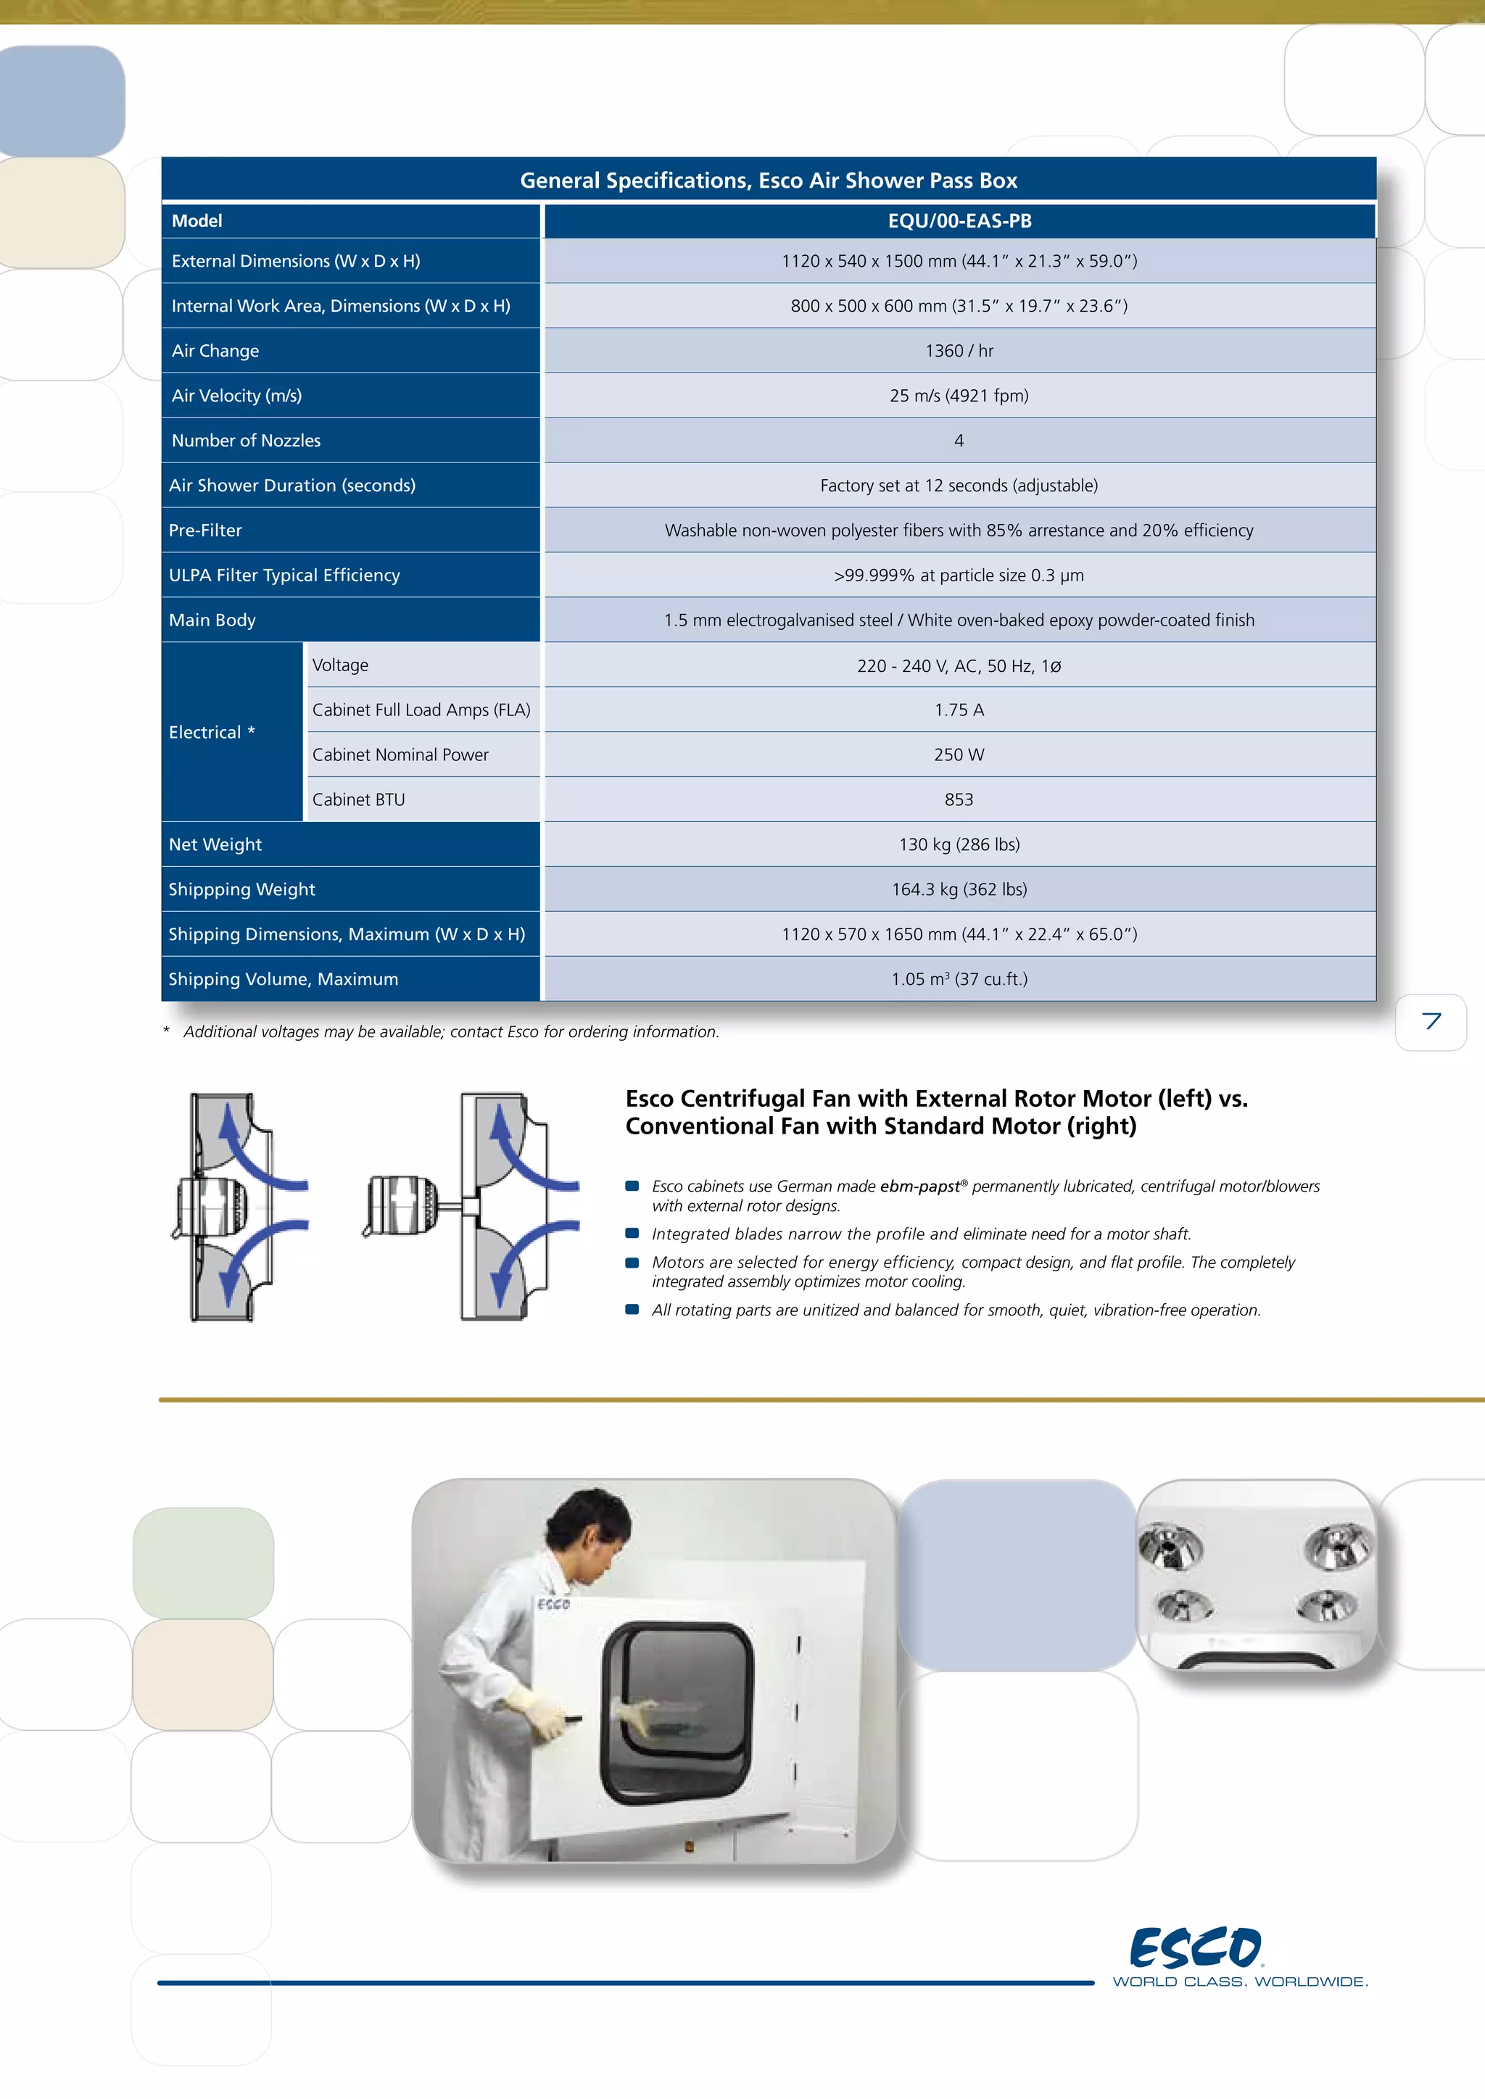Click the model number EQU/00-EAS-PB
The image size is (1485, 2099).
click(x=959, y=221)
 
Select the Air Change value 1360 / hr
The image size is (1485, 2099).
click(x=959, y=351)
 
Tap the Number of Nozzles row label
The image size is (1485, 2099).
click(x=246, y=441)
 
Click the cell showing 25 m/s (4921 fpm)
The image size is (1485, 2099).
click(x=959, y=396)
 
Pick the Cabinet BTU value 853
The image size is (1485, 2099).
click(x=959, y=800)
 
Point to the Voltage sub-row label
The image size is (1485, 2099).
click(x=340, y=665)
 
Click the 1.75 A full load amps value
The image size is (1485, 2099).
click(x=959, y=710)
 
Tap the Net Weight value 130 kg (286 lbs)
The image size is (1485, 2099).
click(x=959, y=844)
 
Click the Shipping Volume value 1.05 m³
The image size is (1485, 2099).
click(x=959, y=979)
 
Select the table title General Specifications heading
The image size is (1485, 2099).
click(x=768, y=180)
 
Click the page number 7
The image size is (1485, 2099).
click(x=1431, y=1021)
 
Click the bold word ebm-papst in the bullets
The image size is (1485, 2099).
click(x=919, y=1186)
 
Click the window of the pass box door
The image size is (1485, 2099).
click(x=677, y=1710)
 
